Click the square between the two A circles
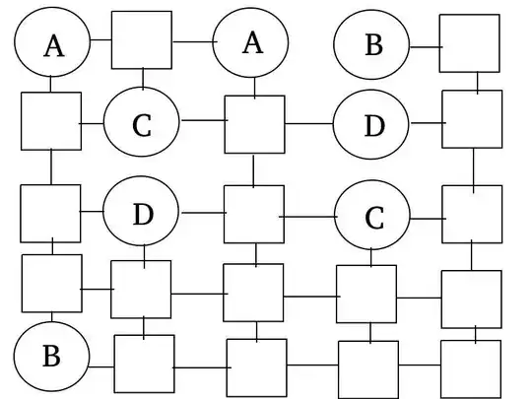tap(143, 40)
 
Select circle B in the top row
tap(372, 45)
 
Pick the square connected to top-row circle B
tap(468, 43)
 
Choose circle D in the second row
tap(372, 125)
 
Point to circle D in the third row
tap(142, 212)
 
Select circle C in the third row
tap(372, 217)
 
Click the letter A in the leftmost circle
tap(53, 45)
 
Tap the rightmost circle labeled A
tap(252, 42)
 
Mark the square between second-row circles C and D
tap(254, 124)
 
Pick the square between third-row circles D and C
tap(253, 214)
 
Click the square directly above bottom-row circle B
tap(51, 284)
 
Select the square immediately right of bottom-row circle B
tap(144, 365)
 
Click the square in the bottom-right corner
tap(470, 367)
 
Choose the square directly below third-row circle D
tap(141, 290)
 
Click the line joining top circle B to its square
tap(425, 45)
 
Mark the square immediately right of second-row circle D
tap(471, 119)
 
